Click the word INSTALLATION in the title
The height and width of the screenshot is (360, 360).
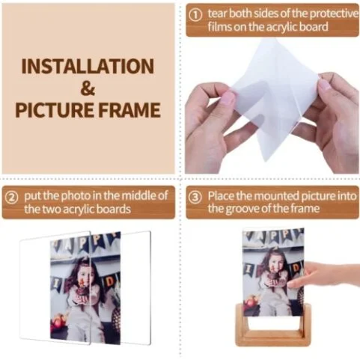[88, 67]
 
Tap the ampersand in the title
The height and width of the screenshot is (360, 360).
[88, 88]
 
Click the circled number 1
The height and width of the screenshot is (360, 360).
[195, 16]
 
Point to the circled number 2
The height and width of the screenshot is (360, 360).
[12, 198]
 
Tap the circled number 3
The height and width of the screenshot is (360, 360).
[195, 198]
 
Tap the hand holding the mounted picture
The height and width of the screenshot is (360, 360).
[324, 275]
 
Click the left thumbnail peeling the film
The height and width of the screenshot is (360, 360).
[228, 98]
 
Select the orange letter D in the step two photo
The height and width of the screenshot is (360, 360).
[110, 281]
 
